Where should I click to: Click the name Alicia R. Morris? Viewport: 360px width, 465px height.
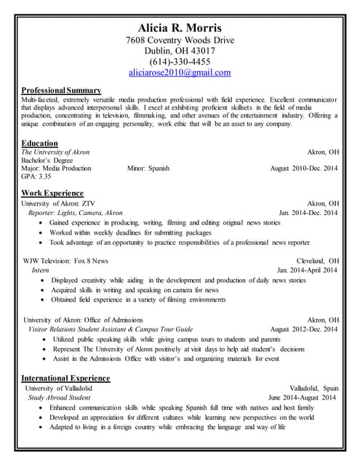(180, 28)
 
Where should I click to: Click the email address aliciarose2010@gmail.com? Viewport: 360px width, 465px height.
(180, 73)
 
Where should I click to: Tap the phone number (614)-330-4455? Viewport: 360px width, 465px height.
(180, 62)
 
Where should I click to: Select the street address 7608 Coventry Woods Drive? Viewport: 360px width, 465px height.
(180, 41)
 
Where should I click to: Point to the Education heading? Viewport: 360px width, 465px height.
(40, 143)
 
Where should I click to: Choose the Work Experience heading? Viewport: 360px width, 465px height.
(52, 193)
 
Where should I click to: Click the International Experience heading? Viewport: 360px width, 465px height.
(65, 379)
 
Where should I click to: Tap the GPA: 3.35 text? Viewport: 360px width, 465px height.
(36, 177)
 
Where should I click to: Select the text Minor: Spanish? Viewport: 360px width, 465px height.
(148, 169)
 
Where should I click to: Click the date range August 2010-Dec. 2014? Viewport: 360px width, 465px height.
(303, 169)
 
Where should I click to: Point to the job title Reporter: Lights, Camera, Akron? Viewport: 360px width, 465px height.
(75, 213)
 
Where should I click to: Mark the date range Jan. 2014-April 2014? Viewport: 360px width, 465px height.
(307, 270)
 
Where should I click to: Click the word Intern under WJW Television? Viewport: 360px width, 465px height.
(41, 270)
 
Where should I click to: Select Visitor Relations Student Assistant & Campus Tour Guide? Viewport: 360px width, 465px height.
(110, 329)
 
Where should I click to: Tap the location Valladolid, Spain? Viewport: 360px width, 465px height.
(313, 389)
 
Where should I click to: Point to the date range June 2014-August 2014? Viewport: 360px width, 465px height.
(302, 398)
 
